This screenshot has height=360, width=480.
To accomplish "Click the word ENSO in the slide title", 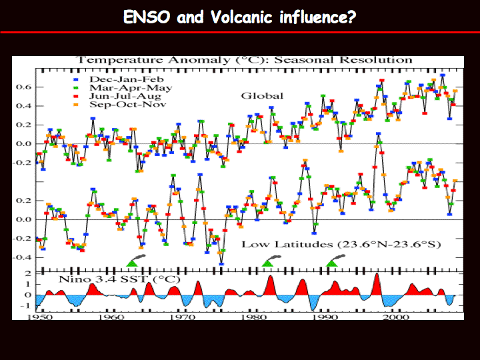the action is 147,17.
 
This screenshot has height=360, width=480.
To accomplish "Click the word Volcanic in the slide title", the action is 241,17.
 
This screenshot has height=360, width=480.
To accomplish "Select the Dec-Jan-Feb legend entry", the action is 119,79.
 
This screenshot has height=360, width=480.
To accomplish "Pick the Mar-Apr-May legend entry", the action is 123,88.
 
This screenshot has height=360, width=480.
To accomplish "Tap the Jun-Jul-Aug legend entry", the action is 117,96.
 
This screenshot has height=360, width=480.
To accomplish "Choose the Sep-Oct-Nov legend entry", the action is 120,105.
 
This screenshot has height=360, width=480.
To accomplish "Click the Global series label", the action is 262,96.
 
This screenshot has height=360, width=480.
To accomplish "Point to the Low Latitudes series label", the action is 341,244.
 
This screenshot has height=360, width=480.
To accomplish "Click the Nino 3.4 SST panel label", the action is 119,279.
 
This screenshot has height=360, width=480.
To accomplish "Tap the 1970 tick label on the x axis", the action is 183,317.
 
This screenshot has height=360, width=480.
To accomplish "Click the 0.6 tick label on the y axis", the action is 24,87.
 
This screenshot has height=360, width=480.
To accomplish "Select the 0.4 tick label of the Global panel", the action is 24,106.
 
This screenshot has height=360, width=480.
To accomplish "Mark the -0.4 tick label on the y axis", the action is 23,257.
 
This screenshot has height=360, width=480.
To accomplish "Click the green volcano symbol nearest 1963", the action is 132,263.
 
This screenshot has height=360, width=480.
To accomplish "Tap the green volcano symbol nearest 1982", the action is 267,263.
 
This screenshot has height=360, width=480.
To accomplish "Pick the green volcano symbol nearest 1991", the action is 332,263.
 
